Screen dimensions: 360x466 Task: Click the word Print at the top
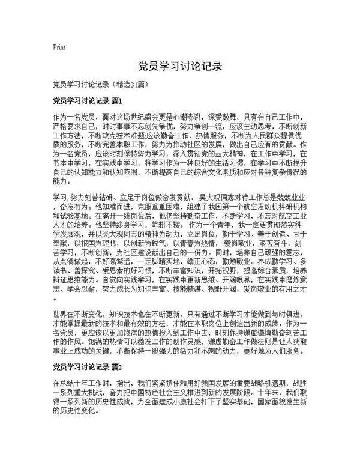click(59, 47)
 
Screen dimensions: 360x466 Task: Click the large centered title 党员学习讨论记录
click(179, 65)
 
